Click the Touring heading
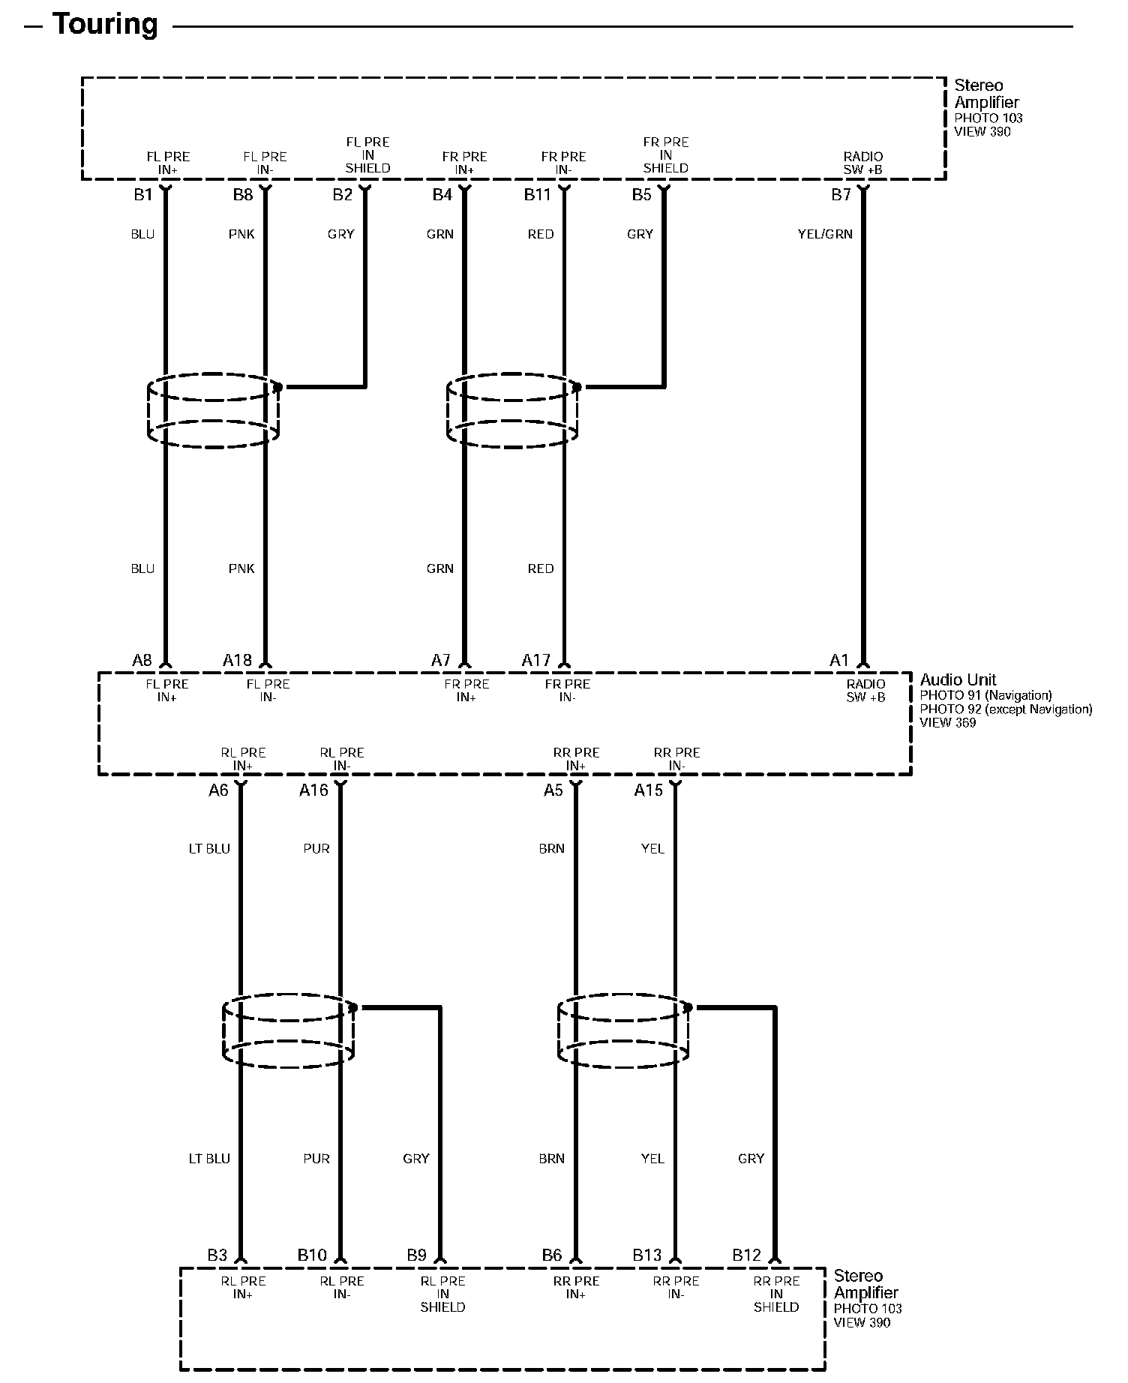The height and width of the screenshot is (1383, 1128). [104, 25]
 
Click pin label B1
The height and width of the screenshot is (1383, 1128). [142, 195]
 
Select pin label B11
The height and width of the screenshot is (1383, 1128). [537, 195]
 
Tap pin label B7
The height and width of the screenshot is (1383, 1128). [841, 195]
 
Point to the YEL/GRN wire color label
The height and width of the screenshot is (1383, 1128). [825, 234]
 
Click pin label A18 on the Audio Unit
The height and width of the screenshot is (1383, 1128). [237, 660]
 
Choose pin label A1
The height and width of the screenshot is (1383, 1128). [838, 660]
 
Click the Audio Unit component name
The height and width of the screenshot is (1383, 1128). [958, 679]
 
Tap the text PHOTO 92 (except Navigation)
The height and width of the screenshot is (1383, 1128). [1006, 709]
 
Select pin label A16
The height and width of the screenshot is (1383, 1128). [313, 790]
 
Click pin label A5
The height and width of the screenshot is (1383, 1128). [553, 790]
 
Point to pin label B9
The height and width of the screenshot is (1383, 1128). [416, 1255]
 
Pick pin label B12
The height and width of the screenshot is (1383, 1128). [746, 1255]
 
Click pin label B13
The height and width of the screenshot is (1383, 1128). [646, 1255]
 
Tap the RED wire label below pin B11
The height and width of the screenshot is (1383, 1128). [540, 234]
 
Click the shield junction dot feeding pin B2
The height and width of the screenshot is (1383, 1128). [278, 387]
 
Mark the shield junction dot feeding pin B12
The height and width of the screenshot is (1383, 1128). [688, 1007]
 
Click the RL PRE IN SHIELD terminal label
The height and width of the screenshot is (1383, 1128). [442, 1294]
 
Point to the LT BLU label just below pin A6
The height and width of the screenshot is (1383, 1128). [209, 848]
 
